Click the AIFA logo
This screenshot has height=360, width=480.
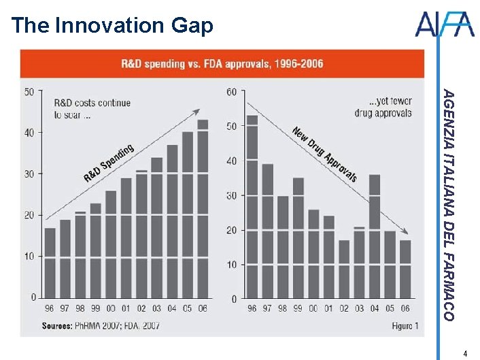(x=444, y=25)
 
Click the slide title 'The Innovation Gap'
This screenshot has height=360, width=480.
(x=113, y=26)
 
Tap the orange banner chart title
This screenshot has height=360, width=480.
(x=222, y=64)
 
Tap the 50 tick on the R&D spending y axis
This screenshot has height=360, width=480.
(x=29, y=91)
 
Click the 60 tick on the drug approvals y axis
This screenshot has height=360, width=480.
(x=231, y=91)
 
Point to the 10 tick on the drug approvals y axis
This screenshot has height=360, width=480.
(x=231, y=264)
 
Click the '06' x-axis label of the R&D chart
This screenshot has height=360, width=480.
(x=203, y=308)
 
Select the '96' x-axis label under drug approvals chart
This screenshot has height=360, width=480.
(x=252, y=309)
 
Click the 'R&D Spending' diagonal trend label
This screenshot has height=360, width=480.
(x=109, y=163)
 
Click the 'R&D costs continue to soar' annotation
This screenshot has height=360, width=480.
(x=92, y=109)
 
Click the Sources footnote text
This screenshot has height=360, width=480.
(x=101, y=326)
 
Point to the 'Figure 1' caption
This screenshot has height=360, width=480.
(x=405, y=326)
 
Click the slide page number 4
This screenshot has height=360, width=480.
(x=465, y=353)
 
